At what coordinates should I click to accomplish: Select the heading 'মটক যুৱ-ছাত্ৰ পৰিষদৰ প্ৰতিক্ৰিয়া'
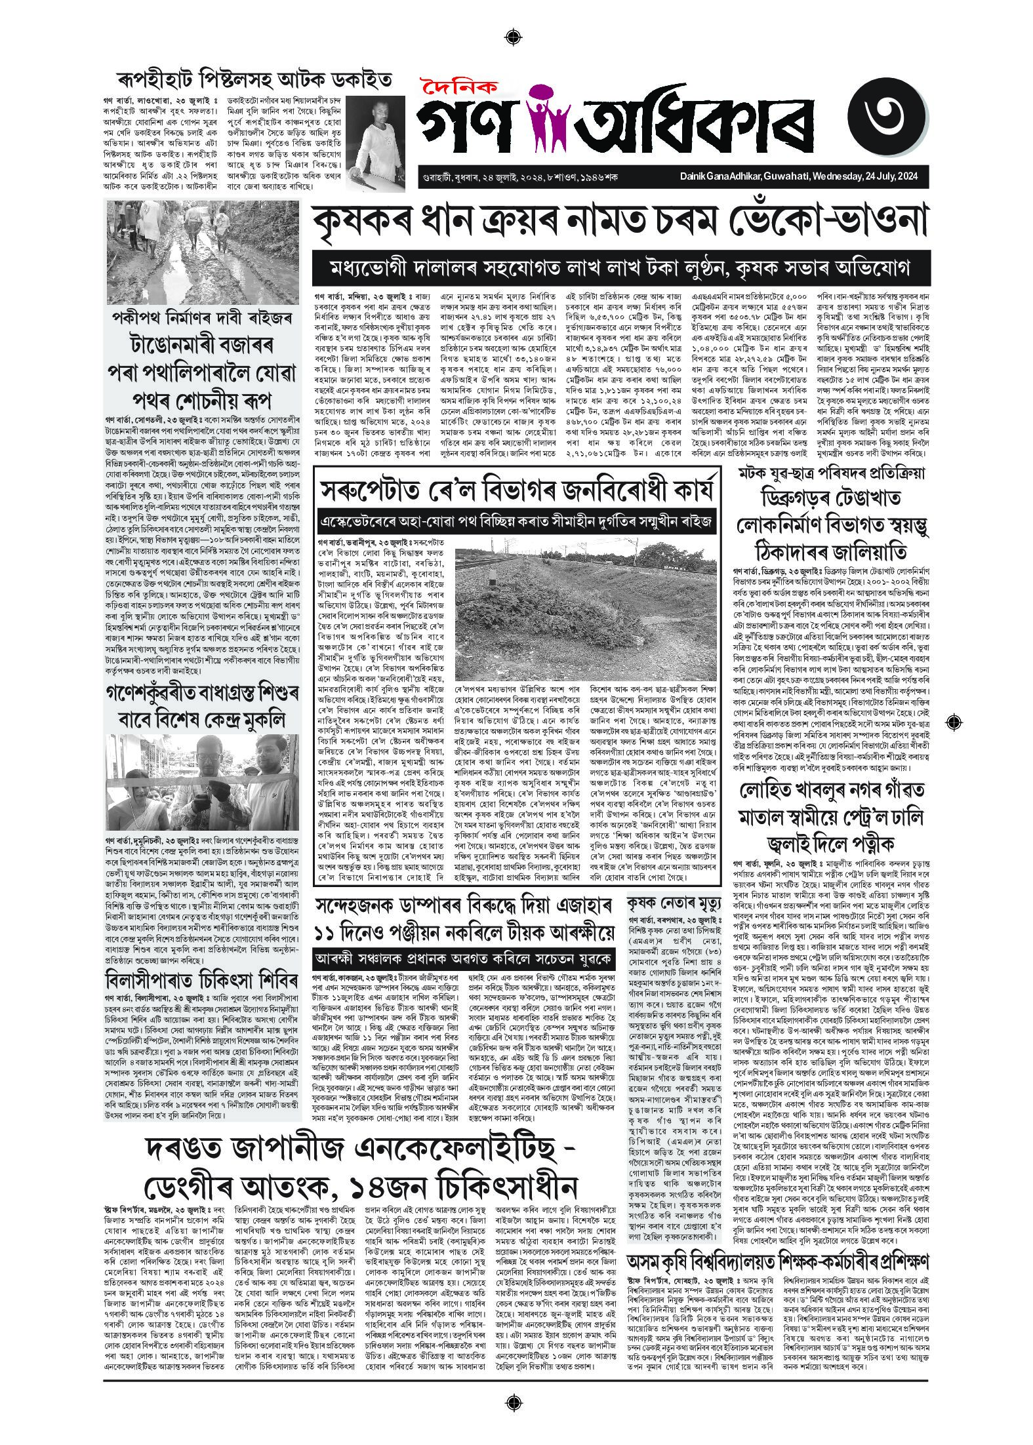[831, 473]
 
